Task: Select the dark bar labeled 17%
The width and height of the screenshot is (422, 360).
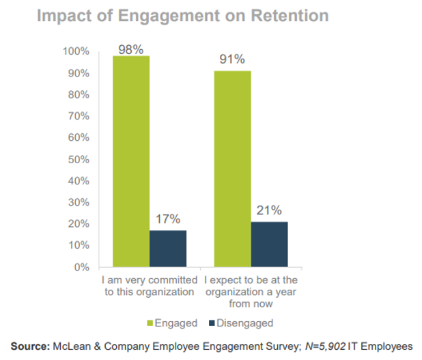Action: pos(168,249)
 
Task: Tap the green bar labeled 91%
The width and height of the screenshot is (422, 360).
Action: pos(232,169)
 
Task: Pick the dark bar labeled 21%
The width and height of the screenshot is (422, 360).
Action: pos(269,244)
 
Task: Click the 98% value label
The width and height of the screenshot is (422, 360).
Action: pos(131,49)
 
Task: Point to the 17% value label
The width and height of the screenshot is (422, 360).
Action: pos(168,219)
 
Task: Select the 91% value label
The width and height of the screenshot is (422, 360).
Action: pos(232,59)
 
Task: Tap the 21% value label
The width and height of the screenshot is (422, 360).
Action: pos(269,210)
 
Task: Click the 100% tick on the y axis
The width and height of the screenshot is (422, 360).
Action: pos(76,51)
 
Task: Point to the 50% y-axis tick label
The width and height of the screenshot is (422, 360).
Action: pos(79,159)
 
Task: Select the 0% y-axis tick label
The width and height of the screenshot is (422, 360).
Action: pos(81,267)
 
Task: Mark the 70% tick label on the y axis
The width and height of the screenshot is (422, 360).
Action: pos(79,116)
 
